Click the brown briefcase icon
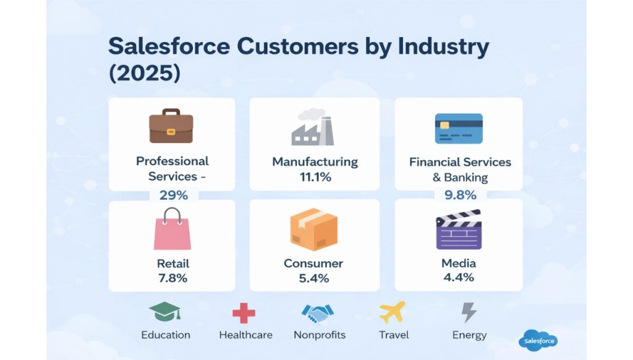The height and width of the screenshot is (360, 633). click(x=171, y=126)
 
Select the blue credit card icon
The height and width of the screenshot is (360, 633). click(x=459, y=128)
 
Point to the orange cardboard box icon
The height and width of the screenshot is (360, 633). click(x=314, y=229)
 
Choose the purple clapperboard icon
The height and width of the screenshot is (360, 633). click(x=459, y=229)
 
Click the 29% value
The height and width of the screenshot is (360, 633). click(x=173, y=195)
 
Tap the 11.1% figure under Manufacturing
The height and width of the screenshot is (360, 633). click(x=315, y=178)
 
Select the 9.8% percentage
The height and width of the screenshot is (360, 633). click(x=460, y=195)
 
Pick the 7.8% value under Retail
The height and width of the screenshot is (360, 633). click(x=172, y=278)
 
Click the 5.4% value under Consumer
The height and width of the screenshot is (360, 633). click(x=314, y=278)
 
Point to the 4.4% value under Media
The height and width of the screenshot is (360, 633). click(x=459, y=277)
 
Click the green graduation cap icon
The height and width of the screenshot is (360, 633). click(x=165, y=312)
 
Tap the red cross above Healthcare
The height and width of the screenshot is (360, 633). click(x=244, y=313)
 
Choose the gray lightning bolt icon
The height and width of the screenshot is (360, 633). click(x=469, y=312)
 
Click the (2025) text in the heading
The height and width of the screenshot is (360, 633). click(x=145, y=73)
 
